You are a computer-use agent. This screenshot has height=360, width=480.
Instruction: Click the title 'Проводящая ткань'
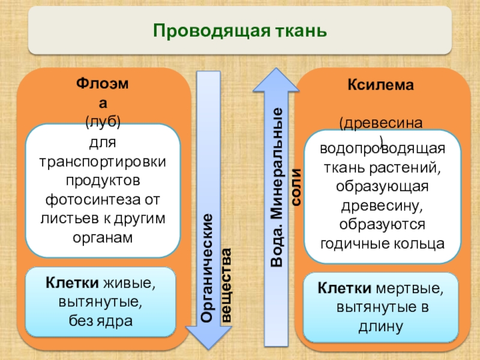(239, 30)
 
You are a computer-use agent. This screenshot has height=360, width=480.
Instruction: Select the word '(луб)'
(103, 122)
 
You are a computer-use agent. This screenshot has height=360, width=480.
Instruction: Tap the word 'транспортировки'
(103, 162)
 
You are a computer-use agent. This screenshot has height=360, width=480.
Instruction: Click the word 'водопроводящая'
(382, 149)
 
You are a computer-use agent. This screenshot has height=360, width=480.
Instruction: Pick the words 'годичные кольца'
(383, 243)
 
